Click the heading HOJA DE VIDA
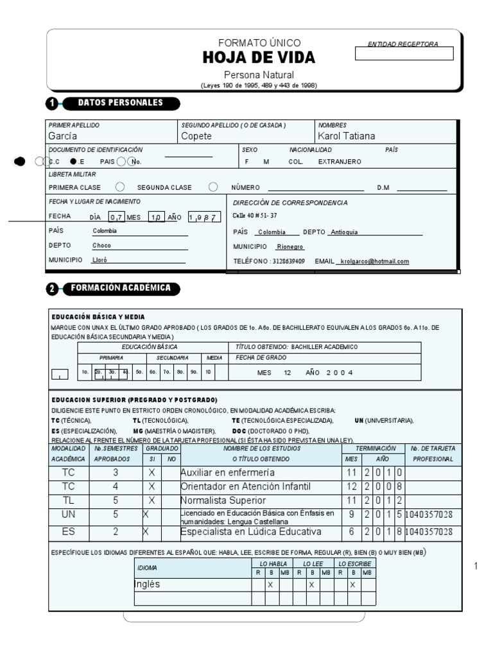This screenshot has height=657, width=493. click(x=259, y=58)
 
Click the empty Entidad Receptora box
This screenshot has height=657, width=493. click(x=404, y=54)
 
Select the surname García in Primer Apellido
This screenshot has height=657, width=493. click(x=63, y=136)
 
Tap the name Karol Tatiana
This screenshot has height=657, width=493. click(x=347, y=136)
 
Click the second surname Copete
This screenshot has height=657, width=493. click(x=196, y=136)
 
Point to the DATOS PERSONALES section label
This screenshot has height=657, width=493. click(x=120, y=103)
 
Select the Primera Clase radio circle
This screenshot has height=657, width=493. click(x=119, y=187)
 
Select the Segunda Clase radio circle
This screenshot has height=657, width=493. click(x=213, y=187)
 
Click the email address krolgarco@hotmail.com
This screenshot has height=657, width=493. click(x=374, y=262)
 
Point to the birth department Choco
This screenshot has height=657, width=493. click(x=101, y=246)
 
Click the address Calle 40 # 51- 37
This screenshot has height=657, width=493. click(x=255, y=216)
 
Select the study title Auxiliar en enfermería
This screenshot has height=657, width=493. click(x=223, y=472)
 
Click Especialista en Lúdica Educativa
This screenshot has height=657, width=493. click(x=250, y=531)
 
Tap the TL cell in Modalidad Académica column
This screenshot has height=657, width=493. click(x=69, y=500)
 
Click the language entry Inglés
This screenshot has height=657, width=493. click(x=147, y=584)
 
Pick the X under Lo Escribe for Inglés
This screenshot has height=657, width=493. click(x=352, y=585)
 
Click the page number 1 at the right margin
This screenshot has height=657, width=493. click(x=476, y=566)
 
